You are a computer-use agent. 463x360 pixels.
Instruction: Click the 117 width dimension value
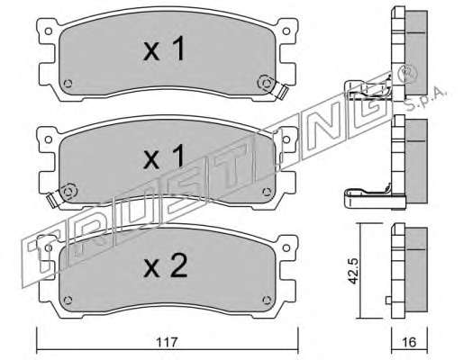click(168, 342)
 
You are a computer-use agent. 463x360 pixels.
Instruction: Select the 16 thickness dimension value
click(409, 342)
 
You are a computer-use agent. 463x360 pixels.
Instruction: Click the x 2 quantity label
click(166, 265)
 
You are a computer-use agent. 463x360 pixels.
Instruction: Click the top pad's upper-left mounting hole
click(48, 31)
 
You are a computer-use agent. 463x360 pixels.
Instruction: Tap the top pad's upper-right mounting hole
click(286, 31)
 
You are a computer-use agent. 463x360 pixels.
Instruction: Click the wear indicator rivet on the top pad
click(266, 83)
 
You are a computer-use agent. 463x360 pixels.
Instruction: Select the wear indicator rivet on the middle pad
click(68, 191)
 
